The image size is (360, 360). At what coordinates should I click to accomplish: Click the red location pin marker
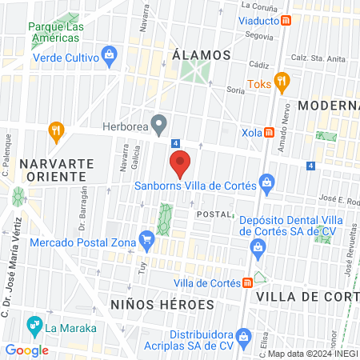(x=181, y=163)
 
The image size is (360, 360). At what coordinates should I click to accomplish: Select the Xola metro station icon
(x=270, y=132)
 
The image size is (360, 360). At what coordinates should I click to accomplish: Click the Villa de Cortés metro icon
(x=249, y=282)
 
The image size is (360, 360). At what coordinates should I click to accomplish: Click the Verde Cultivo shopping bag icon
(x=110, y=56)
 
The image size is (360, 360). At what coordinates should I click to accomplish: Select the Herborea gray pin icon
(x=159, y=125)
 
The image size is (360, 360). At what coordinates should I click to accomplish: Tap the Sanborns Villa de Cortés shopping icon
(x=267, y=186)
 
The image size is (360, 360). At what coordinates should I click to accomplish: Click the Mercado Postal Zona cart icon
(x=146, y=238)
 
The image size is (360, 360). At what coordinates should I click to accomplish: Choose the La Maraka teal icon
(x=34, y=326)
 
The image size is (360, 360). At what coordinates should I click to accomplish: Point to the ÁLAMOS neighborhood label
(x=202, y=55)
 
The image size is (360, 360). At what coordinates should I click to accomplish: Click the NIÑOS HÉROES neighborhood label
(x=162, y=305)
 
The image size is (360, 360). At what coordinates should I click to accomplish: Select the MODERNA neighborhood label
(x=328, y=105)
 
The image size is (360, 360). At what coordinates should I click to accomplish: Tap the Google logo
(x=26, y=350)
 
